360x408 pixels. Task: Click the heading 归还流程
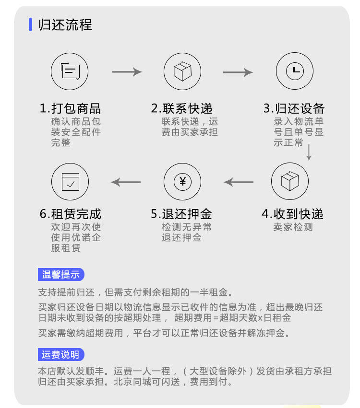65,24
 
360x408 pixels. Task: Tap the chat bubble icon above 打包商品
70,71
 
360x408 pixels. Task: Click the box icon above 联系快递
182,71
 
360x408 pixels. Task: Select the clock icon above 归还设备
295,71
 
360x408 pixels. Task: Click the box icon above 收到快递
289,182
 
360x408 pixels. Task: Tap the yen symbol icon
182,182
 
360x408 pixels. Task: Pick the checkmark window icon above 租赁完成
70,182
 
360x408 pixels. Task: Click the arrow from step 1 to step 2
127,72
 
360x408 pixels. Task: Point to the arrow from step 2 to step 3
238,72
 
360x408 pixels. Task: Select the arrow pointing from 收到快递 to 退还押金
239,182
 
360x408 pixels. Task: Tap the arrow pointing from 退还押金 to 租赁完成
126,182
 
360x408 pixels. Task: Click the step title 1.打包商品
71,108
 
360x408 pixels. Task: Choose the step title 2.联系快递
182,108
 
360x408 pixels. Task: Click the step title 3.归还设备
294,108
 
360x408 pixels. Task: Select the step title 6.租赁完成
71,214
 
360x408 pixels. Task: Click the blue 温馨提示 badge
61,275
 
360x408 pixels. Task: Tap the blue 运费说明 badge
61,355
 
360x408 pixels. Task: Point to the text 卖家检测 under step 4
293,227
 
